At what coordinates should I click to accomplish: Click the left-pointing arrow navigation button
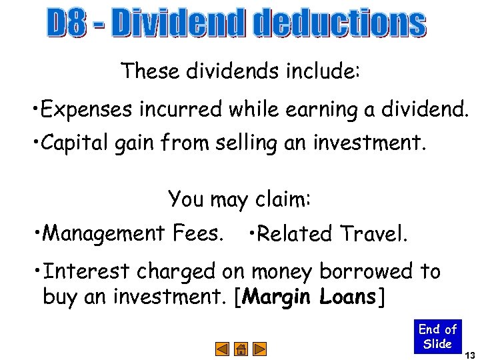pyautogui.click(x=223, y=349)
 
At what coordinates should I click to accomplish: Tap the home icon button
pyautogui.click(x=241, y=349)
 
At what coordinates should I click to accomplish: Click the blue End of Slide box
pyautogui.click(x=437, y=337)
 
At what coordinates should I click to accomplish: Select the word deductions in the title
pyautogui.click(x=340, y=24)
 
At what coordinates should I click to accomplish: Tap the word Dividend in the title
pyautogui.click(x=180, y=24)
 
